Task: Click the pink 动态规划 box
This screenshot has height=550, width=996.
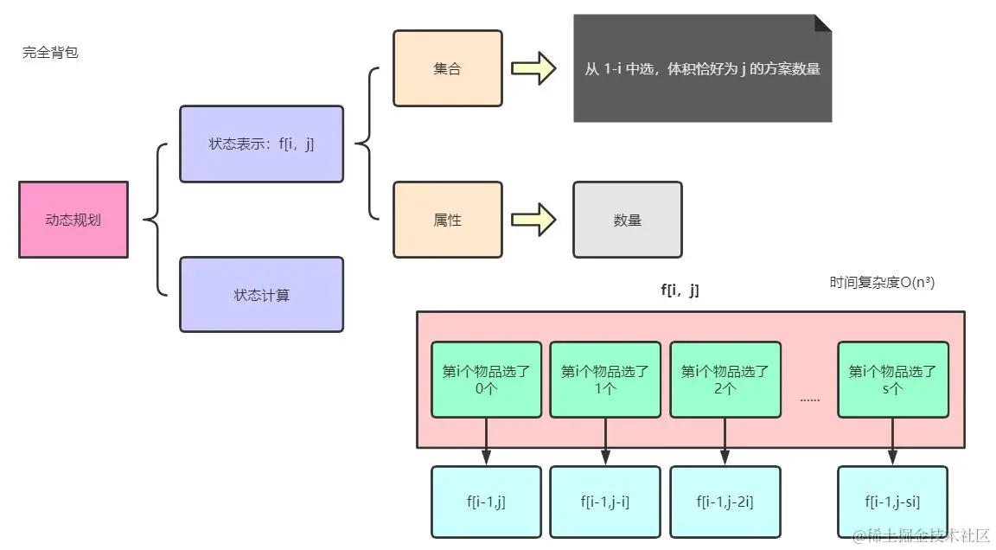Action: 73,220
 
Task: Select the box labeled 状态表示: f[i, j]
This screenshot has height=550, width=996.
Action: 262,144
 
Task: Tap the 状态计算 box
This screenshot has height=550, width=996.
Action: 262,295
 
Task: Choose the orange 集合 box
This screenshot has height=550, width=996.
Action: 448,68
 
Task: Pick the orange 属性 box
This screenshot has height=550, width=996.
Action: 448,220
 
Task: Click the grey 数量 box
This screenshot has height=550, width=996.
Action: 628,220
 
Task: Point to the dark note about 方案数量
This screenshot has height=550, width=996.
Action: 703,68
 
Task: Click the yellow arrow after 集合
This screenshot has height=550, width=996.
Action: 534,68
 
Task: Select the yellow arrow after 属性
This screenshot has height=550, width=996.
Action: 534,220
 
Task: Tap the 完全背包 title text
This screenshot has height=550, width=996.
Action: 50,53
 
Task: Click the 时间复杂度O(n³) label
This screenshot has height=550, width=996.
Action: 882,283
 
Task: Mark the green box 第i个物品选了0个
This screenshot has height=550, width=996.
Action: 487,380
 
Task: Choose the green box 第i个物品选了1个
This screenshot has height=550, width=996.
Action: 605,380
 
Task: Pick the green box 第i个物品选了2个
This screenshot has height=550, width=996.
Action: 725,380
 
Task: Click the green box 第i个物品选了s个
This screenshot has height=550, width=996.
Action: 893,380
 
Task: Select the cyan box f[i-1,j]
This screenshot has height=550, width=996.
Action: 487,502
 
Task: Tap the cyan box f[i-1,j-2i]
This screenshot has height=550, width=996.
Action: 725,502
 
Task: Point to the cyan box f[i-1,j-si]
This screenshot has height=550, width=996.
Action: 893,502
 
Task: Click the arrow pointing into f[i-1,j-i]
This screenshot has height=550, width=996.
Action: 605,441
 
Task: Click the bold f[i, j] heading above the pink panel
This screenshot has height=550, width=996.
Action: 680,291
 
